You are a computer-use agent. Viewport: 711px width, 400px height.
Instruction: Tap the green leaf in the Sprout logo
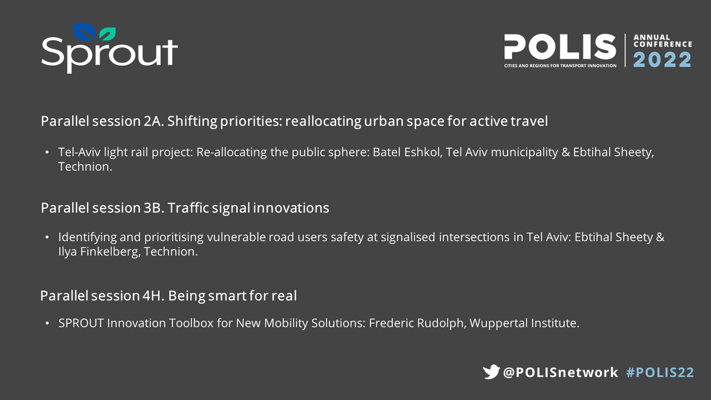coord(108,32)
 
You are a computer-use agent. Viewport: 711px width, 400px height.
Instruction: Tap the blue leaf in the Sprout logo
coord(82,31)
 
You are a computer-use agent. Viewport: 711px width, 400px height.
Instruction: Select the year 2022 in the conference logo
coord(662,60)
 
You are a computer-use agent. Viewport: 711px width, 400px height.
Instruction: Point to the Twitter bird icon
coord(491,372)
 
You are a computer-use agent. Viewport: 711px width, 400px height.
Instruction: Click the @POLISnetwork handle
coord(561,372)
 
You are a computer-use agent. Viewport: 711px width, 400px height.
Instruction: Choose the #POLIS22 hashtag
coord(660,372)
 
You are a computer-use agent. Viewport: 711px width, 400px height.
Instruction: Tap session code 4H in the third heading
coord(152,295)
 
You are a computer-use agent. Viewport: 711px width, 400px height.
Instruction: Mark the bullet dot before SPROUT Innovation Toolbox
coord(47,324)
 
